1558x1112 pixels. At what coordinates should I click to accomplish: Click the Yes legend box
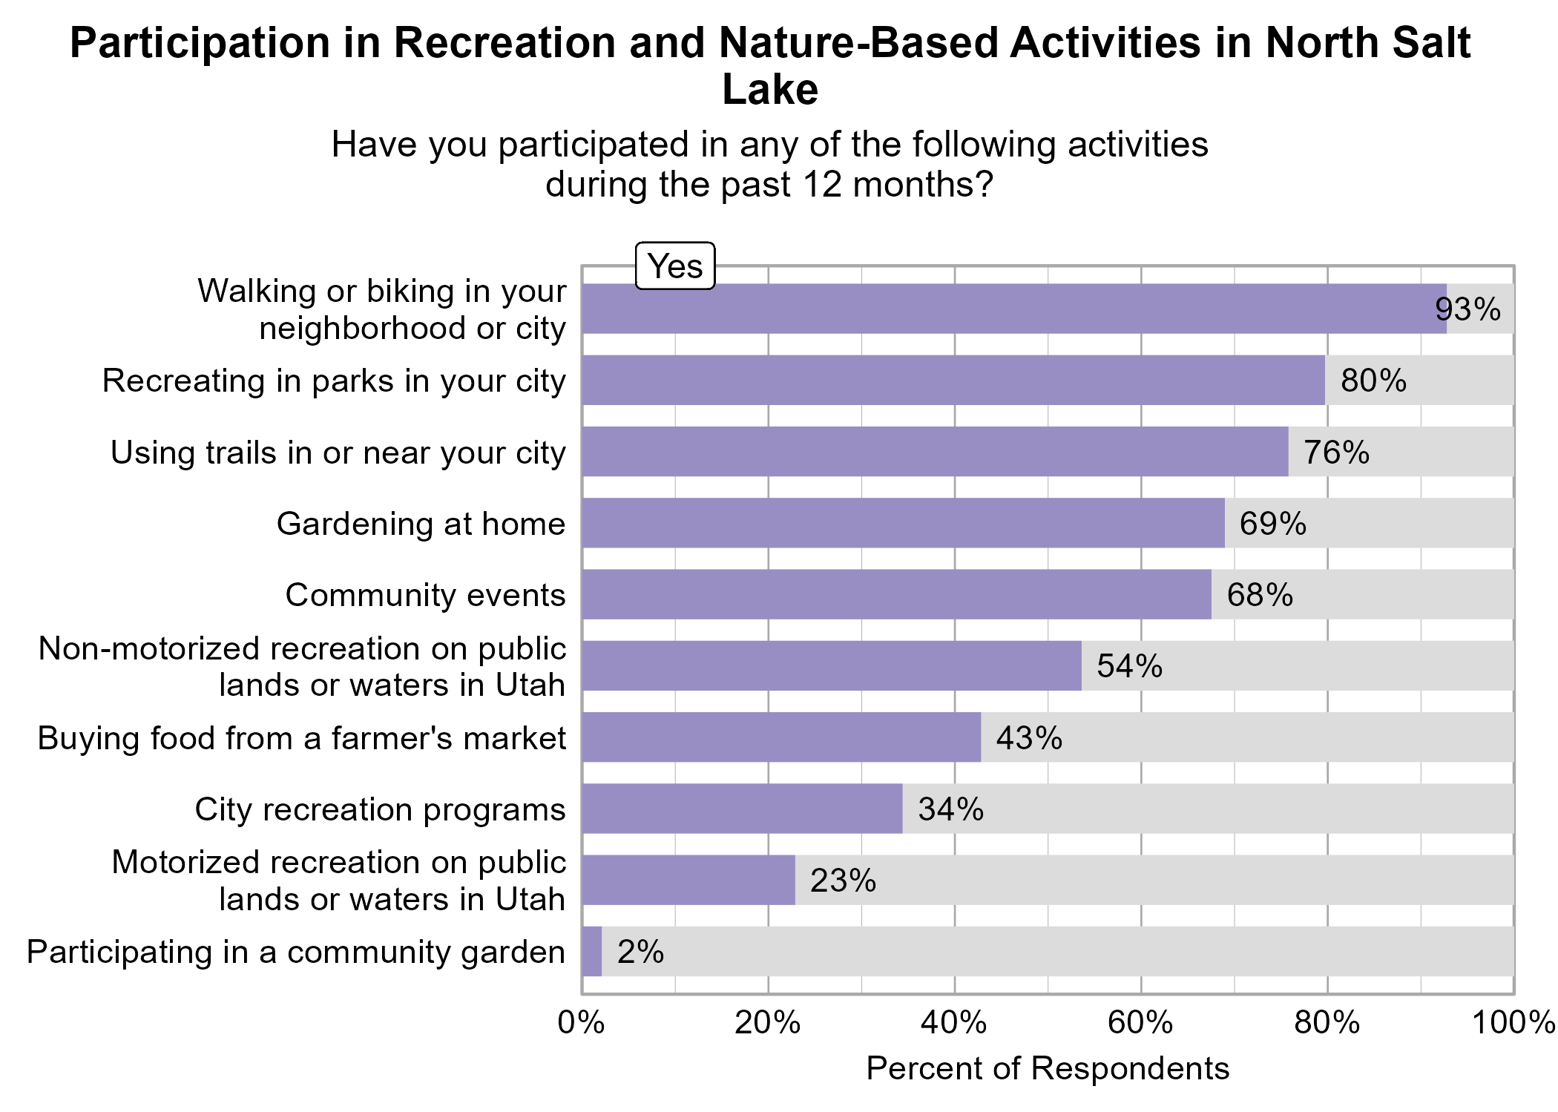(x=675, y=266)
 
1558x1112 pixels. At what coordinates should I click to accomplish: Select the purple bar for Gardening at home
(x=903, y=523)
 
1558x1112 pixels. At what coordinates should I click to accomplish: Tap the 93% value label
(x=1467, y=309)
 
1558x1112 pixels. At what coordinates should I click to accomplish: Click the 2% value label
(x=640, y=952)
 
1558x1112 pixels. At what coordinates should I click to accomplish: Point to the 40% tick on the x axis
(x=954, y=1024)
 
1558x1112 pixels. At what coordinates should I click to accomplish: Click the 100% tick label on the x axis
(x=1513, y=1024)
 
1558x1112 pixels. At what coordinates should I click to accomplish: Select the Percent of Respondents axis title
(x=1048, y=1069)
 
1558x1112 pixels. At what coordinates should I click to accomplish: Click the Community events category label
(x=425, y=595)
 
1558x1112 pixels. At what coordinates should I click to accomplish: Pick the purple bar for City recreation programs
(x=742, y=809)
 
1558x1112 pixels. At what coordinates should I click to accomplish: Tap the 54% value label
(x=1129, y=666)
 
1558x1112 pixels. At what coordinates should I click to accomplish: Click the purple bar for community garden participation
(x=592, y=952)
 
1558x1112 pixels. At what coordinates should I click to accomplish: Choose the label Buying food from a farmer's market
(x=302, y=738)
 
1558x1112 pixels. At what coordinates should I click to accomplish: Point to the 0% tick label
(x=581, y=1024)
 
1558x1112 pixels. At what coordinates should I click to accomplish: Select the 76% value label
(x=1336, y=453)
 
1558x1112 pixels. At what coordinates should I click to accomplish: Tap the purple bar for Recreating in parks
(x=953, y=381)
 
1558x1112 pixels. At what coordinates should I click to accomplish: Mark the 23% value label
(x=843, y=881)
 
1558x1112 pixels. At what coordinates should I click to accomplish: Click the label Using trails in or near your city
(x=338, y=453)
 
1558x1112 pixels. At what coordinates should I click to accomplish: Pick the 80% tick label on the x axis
(x=1327, y=1024)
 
